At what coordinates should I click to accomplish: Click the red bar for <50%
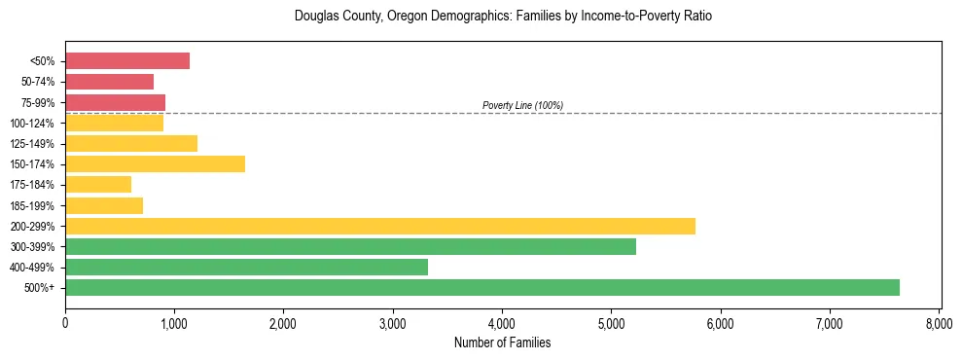[127, 60]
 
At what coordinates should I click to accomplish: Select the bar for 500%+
[482, 287]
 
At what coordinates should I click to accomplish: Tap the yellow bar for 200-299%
[380, 226]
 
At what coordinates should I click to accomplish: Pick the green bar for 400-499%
[246, 267]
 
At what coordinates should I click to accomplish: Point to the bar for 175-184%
[98, 184]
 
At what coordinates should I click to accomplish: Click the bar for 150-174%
[155, 163]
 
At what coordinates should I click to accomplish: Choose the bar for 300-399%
[350, 246]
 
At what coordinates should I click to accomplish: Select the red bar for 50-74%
[109, 82]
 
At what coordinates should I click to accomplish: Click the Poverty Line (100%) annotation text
[522, 105]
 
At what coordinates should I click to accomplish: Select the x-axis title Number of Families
[502, 342]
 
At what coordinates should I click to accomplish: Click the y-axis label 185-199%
[32, 205]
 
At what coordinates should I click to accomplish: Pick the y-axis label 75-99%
[37, 102]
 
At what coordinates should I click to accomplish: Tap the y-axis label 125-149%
[32, 144]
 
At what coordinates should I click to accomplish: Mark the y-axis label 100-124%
[32, 123]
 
